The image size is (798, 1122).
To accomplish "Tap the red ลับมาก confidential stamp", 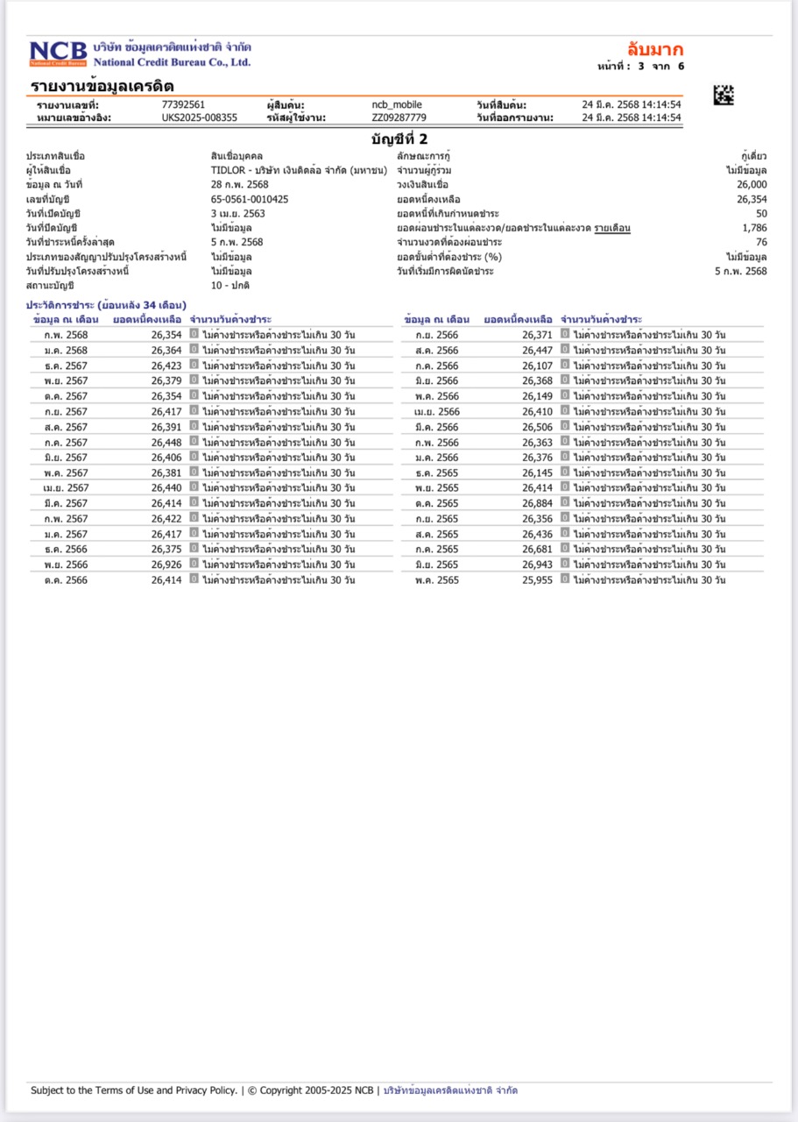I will coord(654,49).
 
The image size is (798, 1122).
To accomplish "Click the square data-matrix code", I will coord(724,95).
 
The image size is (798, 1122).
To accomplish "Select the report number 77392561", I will coord(183,104).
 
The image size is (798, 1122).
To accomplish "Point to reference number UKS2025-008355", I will coord(199,117).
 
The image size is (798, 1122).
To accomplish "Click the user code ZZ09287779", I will coord(399,117).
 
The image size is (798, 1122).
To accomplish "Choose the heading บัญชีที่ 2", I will coord(399,138).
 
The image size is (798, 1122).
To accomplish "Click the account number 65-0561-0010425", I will coord(250,199).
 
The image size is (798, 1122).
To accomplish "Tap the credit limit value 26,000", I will coord(752,185).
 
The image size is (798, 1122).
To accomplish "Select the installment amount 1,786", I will coord(753,228).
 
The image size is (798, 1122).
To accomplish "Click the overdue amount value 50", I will coord(761,213).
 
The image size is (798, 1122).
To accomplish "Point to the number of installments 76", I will coord(761,242).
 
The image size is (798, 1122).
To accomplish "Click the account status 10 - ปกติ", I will coord(231,286).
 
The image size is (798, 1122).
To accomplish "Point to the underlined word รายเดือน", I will coord(612,228).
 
